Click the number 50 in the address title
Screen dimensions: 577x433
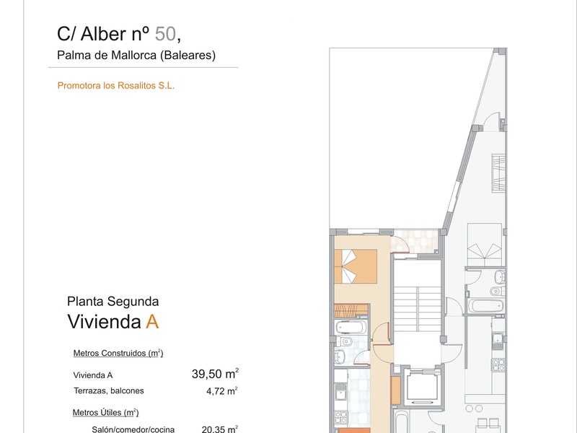pyautogui.click(x=165, y=34)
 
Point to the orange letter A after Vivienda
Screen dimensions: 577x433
pyautogui.click(x=152, y=322)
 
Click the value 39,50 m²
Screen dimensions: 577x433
pyautogui.click(x=215, y=374)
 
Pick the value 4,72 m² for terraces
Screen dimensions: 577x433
pyautogui.click(x=222, y=390)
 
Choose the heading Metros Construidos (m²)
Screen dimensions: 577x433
pyautogui.click(x=118, y=353)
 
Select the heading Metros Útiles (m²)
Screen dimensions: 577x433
pyautogui.click(x=105, y=413)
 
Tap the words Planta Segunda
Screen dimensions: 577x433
pyautogui.click(x=113, y=302)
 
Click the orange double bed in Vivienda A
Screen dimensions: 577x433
pyautogui.click(x=356, y=266)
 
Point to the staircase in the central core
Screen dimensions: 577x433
pyautogui.click(x=418, y=309)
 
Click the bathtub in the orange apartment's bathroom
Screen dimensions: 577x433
pyautogui.click(x=351, y=327)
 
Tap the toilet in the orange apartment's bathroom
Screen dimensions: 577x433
pyautogui.click(x=343, y=341)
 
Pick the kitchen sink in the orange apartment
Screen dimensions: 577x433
pyautogui.click(x=340, y=391)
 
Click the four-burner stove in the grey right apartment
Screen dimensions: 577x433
pyautogui.click(x=498, y=364)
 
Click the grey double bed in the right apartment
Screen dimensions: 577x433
pyautogui.click(x=485, y=240)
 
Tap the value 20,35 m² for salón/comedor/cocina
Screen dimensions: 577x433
pyautogui.click(x=220, y=429)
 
